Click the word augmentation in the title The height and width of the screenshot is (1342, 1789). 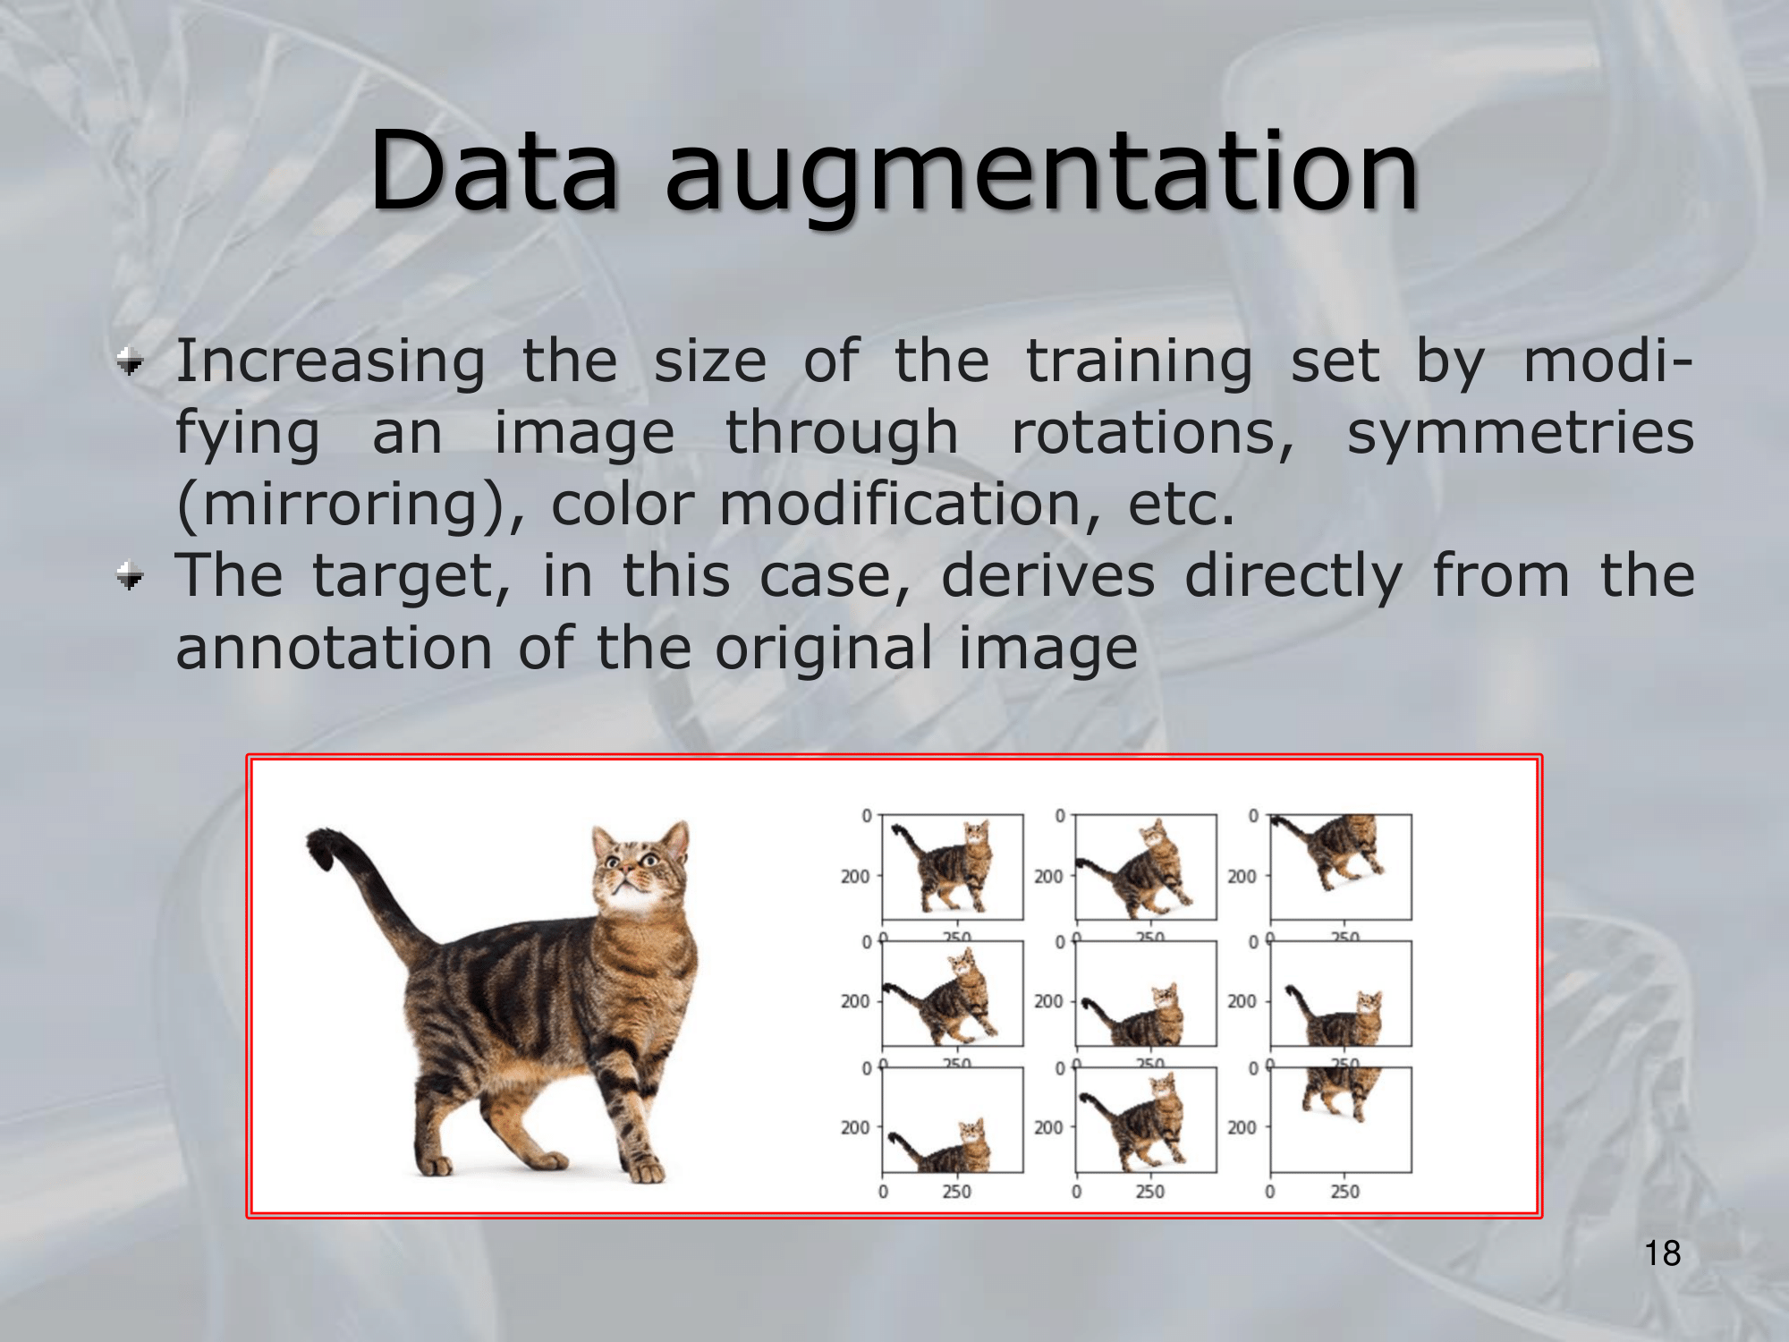(1042, 179)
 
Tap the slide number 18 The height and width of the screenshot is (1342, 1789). (1663, 1253)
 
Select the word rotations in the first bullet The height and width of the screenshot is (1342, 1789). (1152, 433)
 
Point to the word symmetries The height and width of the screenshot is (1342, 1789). (1521, 433)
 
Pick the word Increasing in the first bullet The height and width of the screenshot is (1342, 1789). (331, 362)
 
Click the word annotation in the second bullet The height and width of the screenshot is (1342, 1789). (334, 648)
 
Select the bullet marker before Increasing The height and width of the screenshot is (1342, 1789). (131, 362)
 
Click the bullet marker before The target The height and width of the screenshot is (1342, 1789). (131, 576)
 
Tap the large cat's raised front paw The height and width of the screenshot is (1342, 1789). (644, 1166)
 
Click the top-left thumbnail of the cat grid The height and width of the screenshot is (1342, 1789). (953, 867)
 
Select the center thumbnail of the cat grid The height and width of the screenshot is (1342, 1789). (1146, 993)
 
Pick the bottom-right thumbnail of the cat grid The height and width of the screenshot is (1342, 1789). (1341, 1119)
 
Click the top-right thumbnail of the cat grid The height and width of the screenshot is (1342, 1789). (1341, 867)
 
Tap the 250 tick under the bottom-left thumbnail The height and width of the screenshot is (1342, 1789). (956, 1192)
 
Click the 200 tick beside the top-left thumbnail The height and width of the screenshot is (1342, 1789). (854, 877)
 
